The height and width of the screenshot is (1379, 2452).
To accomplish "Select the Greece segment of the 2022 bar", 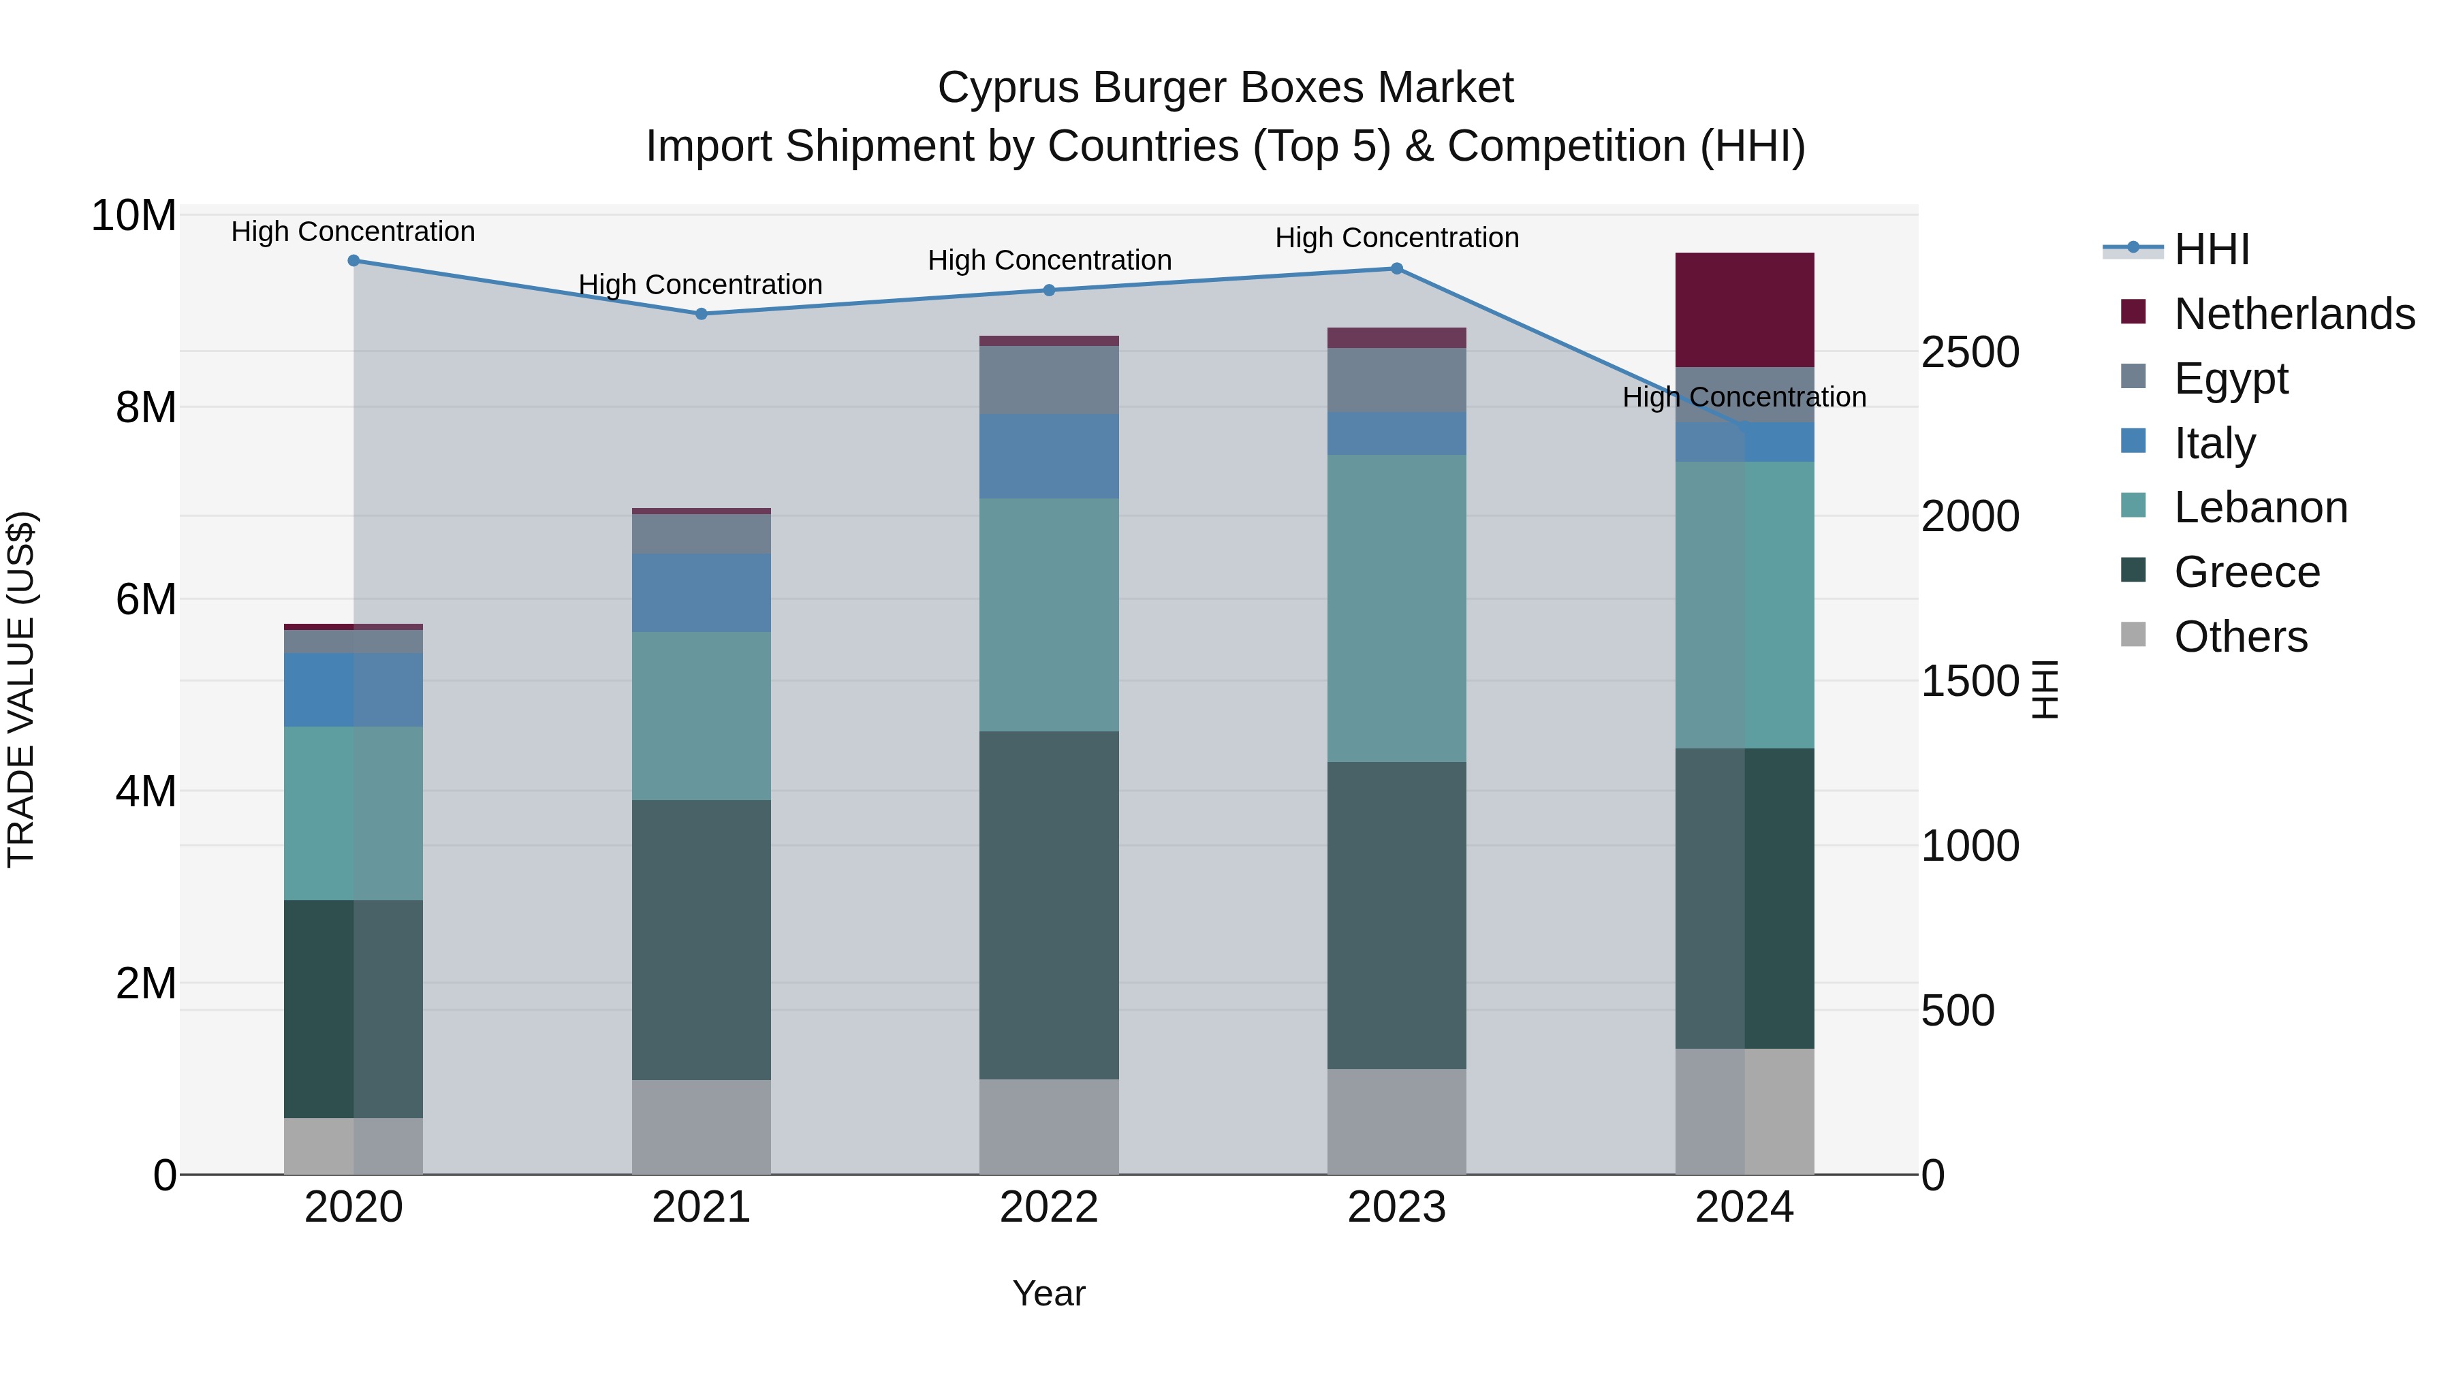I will pos(1049,904).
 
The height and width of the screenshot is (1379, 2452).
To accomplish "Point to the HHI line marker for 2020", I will pos(353,260).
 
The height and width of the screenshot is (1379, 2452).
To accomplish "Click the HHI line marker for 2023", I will pos(1396,268).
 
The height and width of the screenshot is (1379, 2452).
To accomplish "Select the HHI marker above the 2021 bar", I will pos(702,313).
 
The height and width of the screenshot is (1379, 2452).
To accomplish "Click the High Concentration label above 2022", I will pos(1049,260).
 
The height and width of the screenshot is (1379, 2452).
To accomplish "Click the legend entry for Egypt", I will pos(2230,378).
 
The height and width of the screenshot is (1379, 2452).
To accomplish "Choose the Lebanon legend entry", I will pos(2260,507).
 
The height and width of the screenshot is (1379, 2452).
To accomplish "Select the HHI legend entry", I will pos(2211,249).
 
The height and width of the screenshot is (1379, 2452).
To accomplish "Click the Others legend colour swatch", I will pos(2133,635).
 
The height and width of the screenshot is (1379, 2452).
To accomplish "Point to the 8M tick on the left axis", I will pos(144,407).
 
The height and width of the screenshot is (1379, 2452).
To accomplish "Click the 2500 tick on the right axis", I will pos(1968,352).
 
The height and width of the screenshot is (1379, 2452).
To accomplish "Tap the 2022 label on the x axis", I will pos(1049,1207).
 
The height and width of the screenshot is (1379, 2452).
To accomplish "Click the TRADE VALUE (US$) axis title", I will pos(21,689).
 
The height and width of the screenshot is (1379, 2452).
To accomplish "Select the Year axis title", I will pos(1049,1293).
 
